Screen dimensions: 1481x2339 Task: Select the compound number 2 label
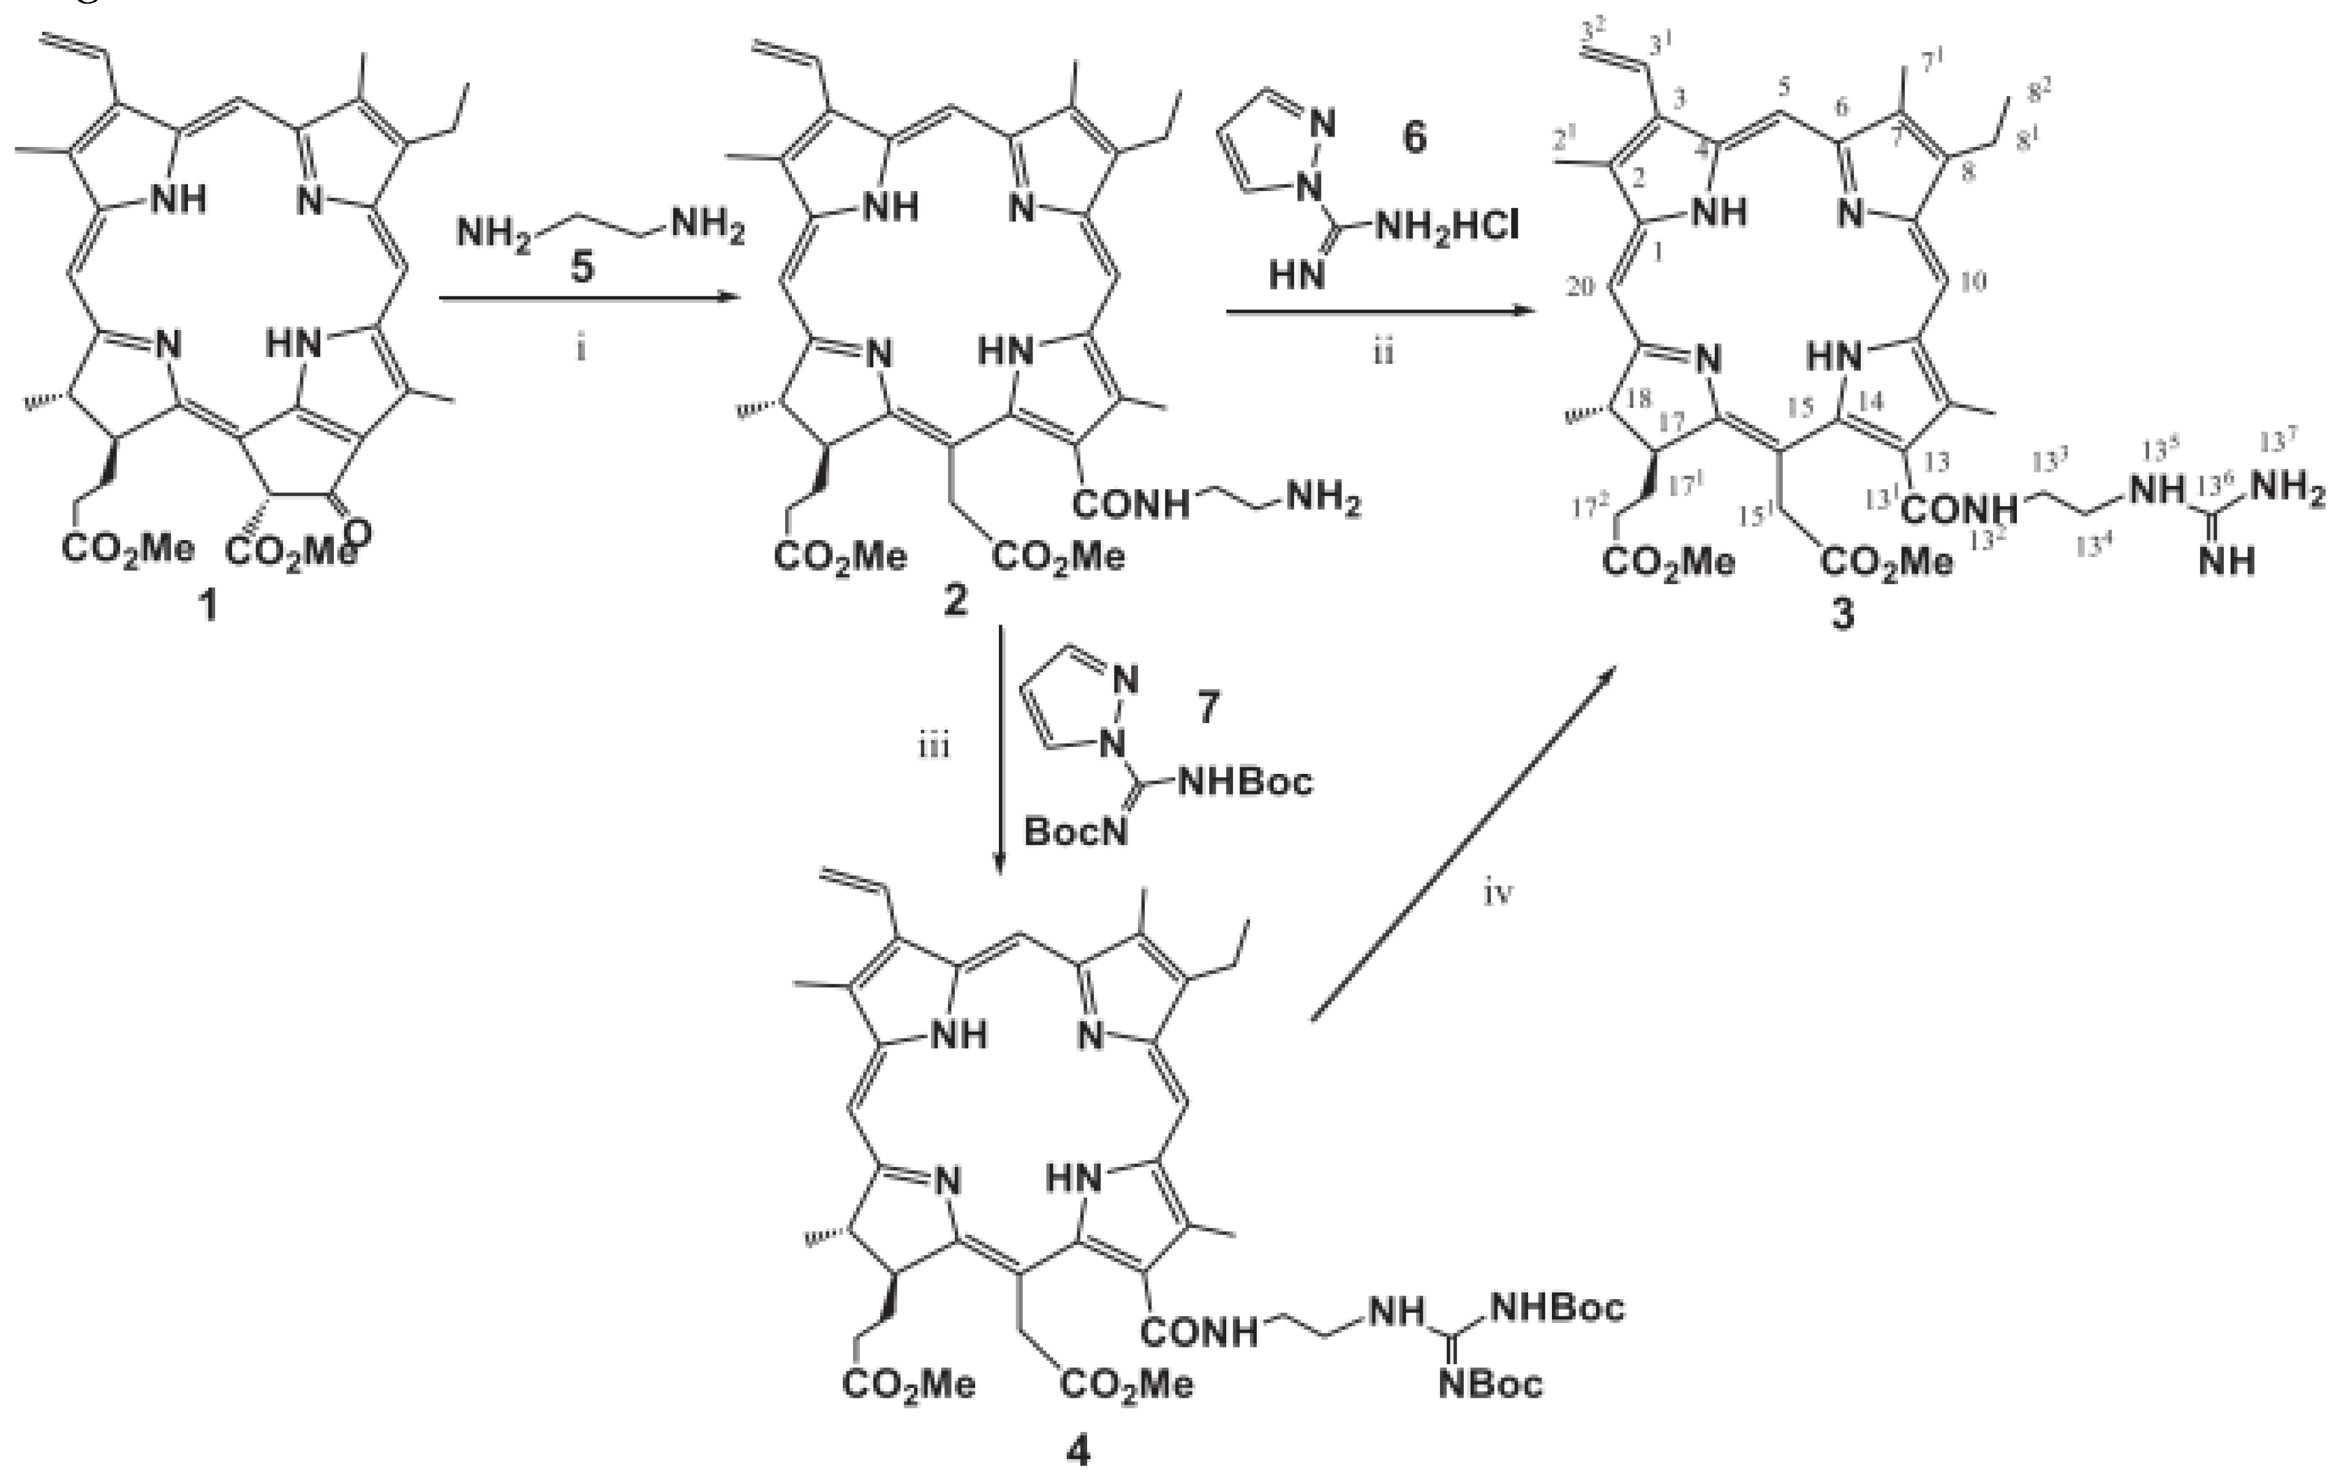[x=955, y=602]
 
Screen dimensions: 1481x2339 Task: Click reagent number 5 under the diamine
[x=581, y=267]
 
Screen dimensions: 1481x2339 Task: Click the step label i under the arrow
[x=581, y=348]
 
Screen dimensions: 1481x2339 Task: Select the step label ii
[x=1382, y=351]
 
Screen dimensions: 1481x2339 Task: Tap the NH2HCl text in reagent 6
[x=1445, y=229]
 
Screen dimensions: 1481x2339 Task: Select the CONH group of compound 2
[x=1132, y=504]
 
